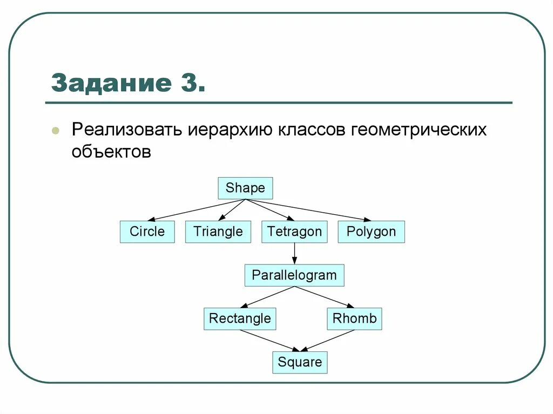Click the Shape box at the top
pos(245,188)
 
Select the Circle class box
pos(147,232)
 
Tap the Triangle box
pos(218,232)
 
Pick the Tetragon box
pos(294,232)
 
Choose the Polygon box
pos(371,232)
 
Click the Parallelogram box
pos(294,275)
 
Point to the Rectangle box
pos(240,318)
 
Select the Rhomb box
pos(354,318)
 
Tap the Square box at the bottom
pos(300,362)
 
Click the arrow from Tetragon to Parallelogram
pos(294,253)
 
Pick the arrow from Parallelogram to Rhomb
pos(324,297)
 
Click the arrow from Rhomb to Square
pos(329,340)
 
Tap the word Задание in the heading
pos(108,83)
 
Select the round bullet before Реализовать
pos(56,131)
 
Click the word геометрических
pos(419,131)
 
